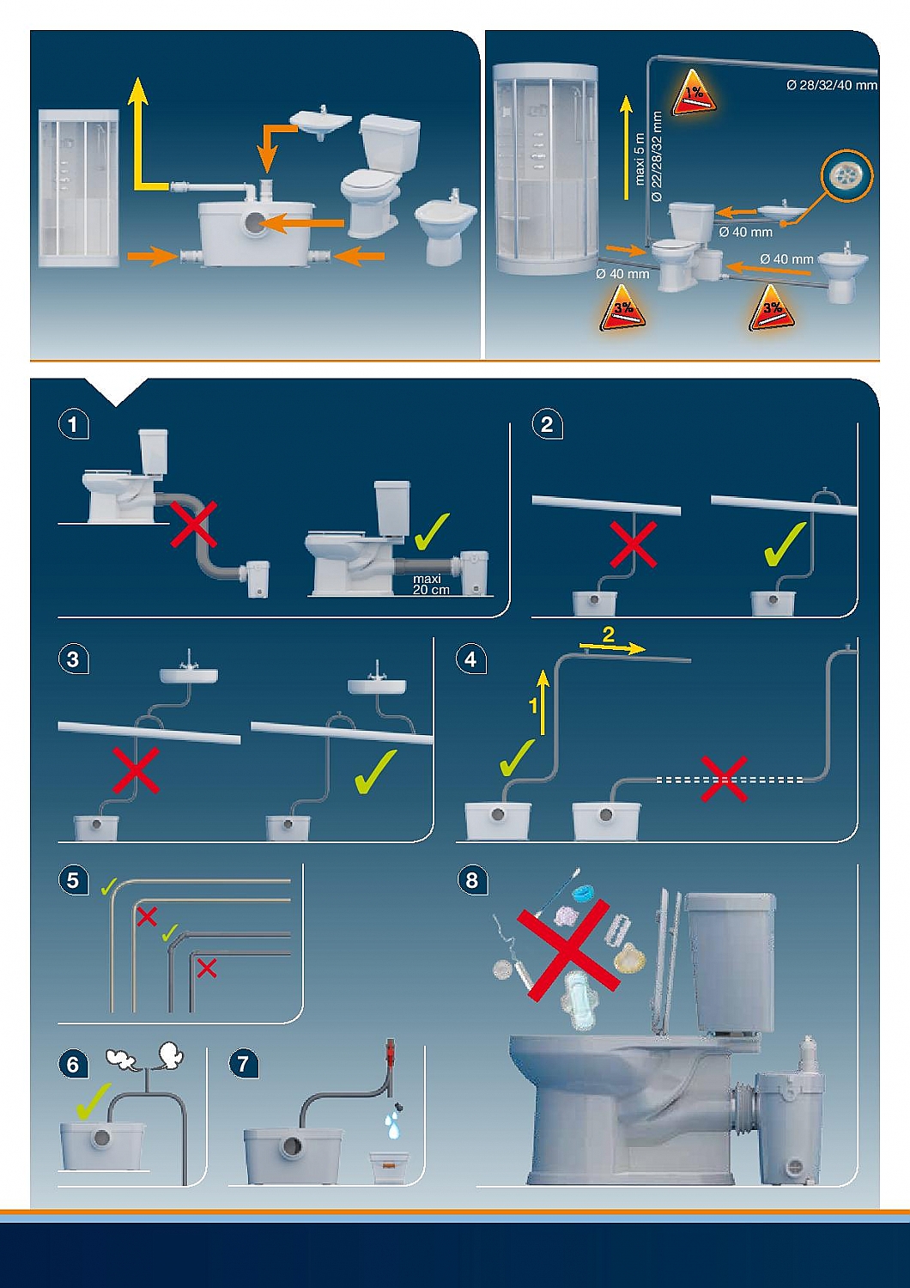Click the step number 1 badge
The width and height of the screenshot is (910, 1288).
[x=73, y=424]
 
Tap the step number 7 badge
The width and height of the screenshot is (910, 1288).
[x=243, y=1064]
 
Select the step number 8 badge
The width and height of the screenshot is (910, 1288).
[x=471, y=880]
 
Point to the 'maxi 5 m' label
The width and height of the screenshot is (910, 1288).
[x=639, y=159]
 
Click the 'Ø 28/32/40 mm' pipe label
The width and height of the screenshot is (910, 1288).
[x=831, y=85]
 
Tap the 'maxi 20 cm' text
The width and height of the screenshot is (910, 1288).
[x=430, y=585]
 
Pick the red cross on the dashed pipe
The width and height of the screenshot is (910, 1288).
[x=724, y=779]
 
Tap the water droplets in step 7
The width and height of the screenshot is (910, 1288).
[x=393, y=1123]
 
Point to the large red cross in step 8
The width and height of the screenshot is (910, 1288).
[x=564, y=950]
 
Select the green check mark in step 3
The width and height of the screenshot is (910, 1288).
[x=374, y=771]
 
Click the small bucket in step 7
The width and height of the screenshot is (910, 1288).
[x=393, y=1167]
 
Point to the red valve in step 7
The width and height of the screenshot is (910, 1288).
[x=391, y=1049]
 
